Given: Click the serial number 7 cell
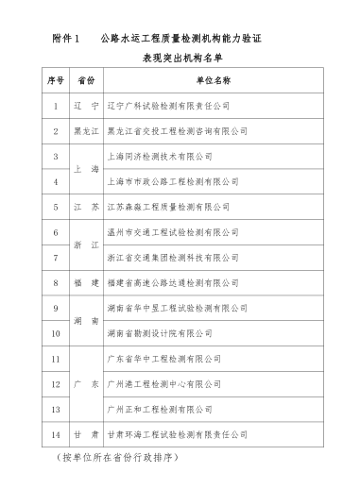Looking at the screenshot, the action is (56, 256).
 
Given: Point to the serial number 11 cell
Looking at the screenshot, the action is (56, 359).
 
